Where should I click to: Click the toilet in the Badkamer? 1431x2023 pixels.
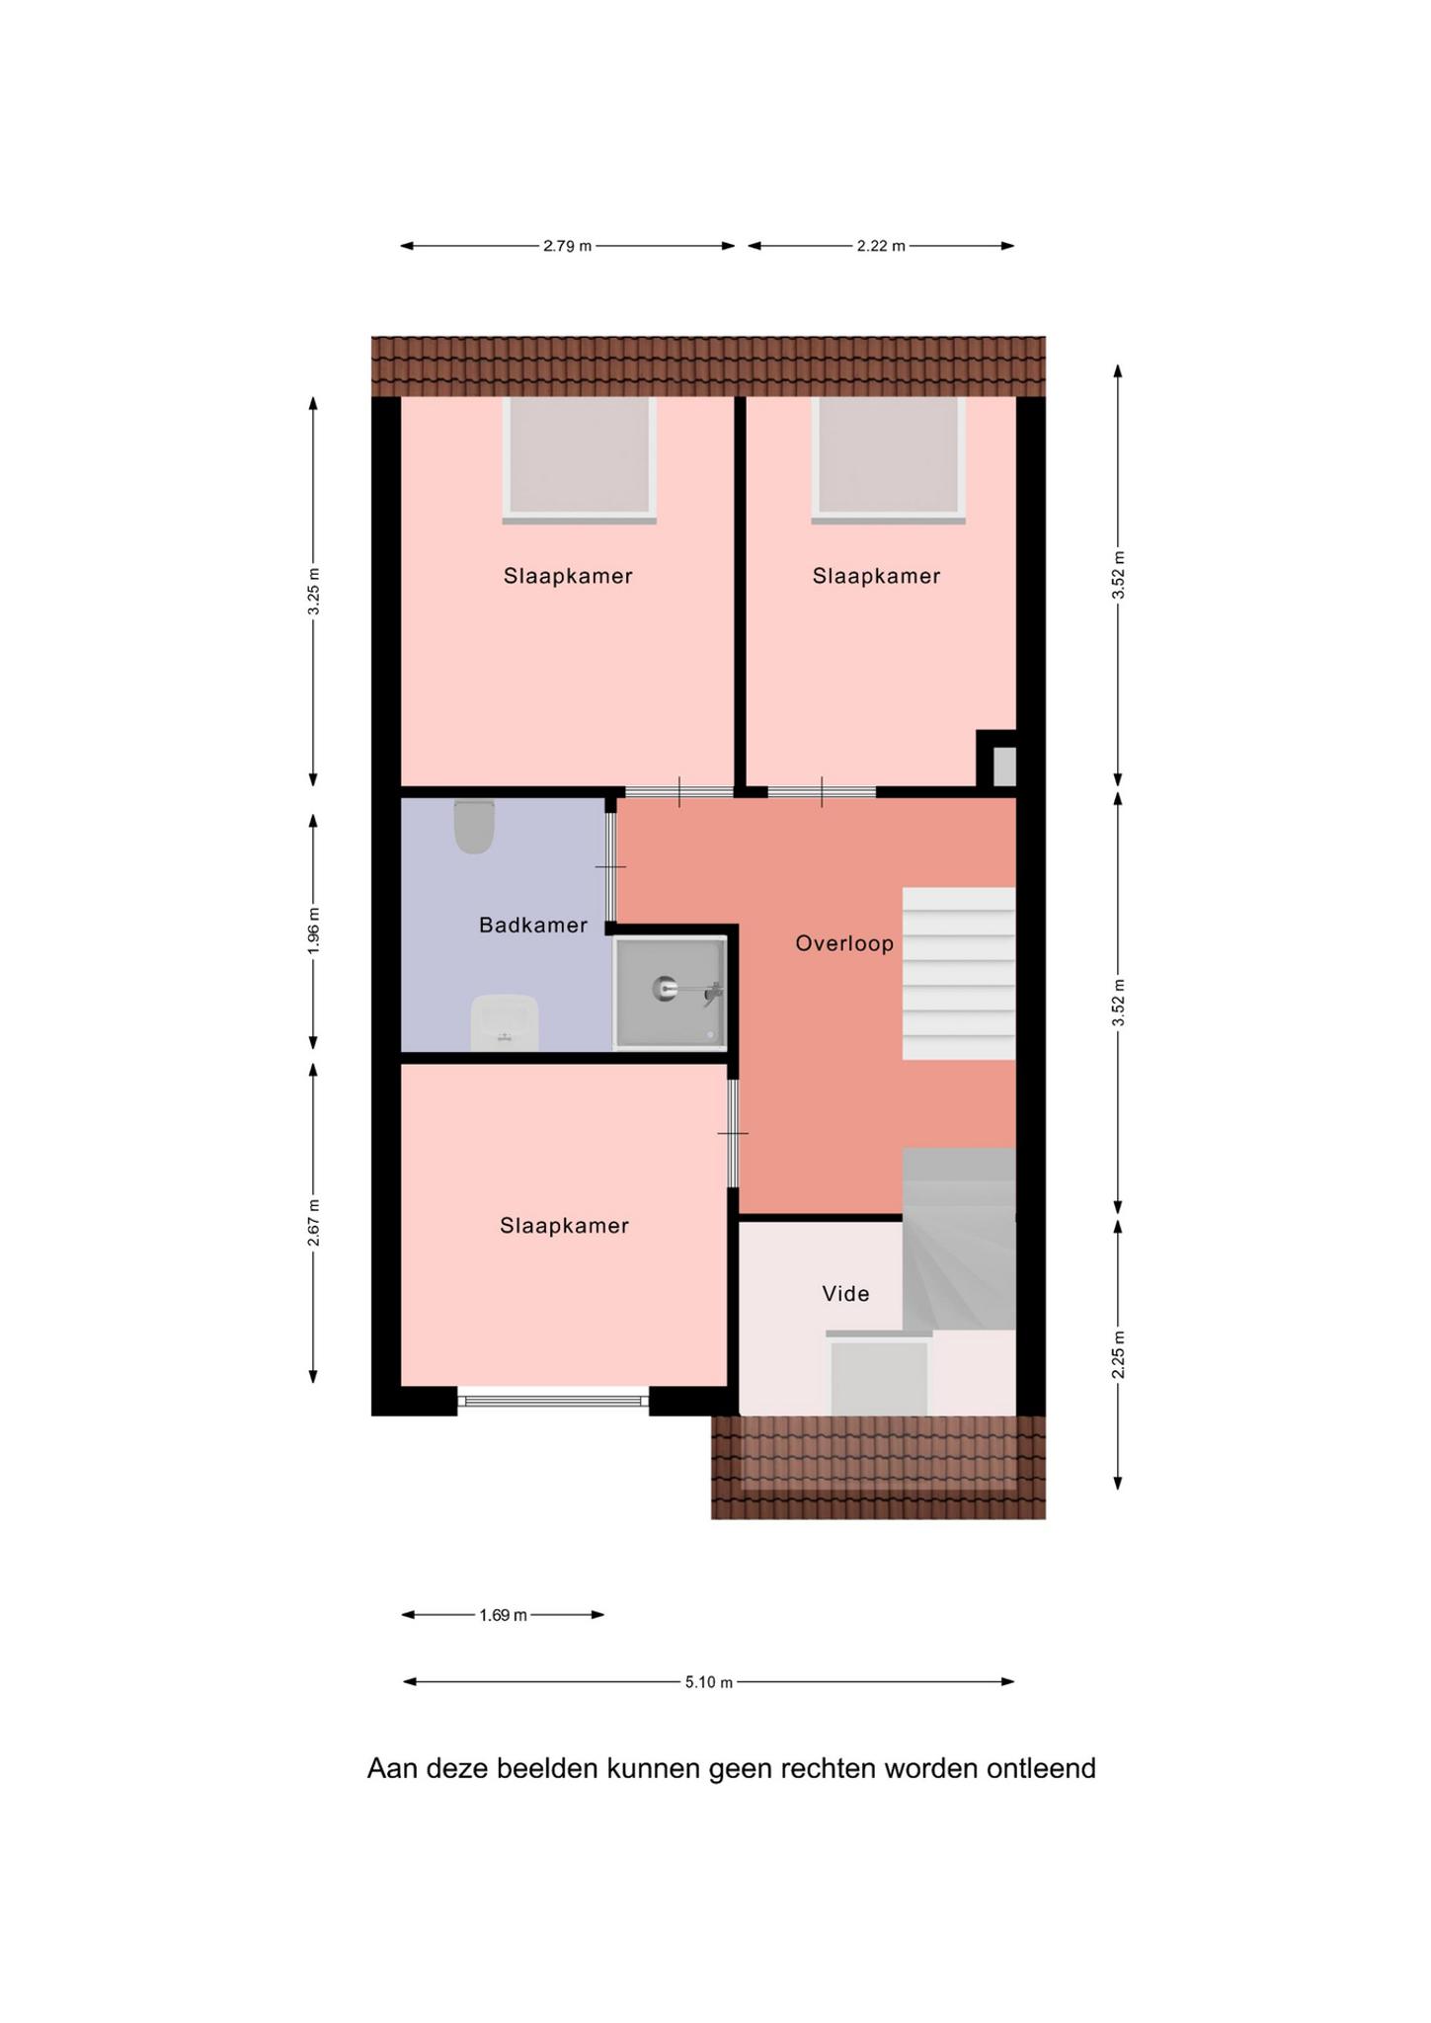click(x=473, y=827)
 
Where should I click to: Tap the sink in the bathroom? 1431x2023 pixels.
click(x=505, y=1022)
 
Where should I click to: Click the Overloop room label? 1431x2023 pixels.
click(x=844, y=943)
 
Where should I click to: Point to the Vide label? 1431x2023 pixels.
click(x=846, y=1293)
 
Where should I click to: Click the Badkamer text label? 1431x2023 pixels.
click(x=533, y=925)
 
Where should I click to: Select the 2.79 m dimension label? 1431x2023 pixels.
click(x=567, y=246)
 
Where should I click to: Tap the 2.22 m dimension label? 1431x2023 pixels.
click(x=881, y=246)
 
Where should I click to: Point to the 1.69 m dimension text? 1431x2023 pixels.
click(x=504, y=1615)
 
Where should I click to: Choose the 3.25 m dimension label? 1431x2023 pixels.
click(x=313, y=592)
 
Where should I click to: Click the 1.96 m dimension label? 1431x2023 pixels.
click(x=313, y=931)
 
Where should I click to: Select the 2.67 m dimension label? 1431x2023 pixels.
click(x=313, y=1222)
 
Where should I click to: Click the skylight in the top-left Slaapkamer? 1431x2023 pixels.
click(x=580, y=459)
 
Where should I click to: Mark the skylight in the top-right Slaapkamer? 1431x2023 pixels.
click(x=889, y=459)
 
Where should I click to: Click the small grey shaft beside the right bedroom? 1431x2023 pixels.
click(x=1003, y=767)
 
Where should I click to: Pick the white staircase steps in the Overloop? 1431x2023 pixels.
click(x=959, y=973)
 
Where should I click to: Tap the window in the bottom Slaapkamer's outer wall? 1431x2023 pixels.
click(x=553, y=1400)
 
